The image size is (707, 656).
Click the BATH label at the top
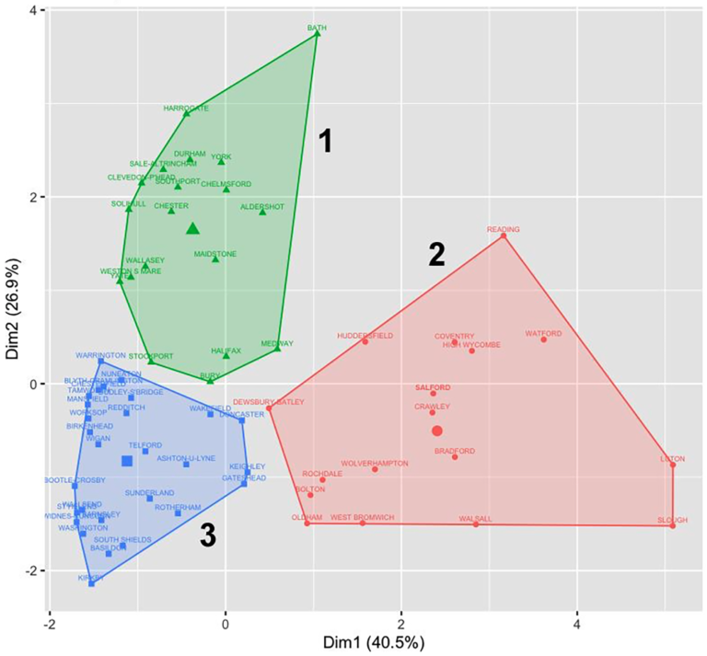(318, 28)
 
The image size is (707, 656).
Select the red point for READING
(504, 236)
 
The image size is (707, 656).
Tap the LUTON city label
(673, 458)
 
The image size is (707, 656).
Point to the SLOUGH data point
(673, 525)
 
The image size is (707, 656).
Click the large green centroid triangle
(193, 228)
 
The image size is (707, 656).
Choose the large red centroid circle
(437, 431)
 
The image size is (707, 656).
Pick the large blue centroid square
(127, 461)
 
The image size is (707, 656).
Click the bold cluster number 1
(324, 141)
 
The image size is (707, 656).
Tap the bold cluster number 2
(437, 255)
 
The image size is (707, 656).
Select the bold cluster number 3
(208, 537)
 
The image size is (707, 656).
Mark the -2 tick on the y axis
(34, 570)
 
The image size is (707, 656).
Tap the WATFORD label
(543, 333)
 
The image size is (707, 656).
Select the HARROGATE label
(186, 108)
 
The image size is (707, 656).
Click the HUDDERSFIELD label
(365, 336)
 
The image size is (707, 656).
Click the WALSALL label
(475, 519)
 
